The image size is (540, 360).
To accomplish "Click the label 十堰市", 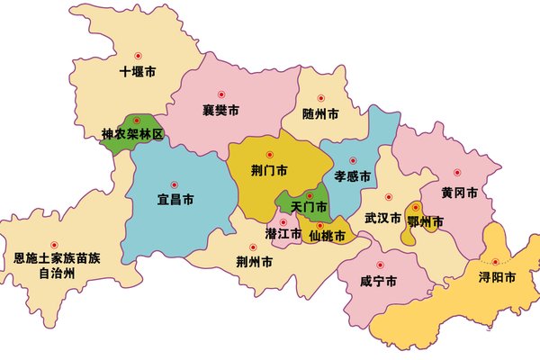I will pyautogui.click(x=139, y=73).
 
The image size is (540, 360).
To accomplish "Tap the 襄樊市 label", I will pyautogui.click(x=220, y=112).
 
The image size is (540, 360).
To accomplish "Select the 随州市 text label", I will pyautogui.click(x=320, y=114).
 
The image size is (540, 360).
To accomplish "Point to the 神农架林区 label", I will pyautogui.click(x=132, y=135).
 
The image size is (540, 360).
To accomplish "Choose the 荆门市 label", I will pyautogui.click(x=269, y=170).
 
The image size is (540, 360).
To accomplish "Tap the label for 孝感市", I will pyautogui.click(x=352, y=176).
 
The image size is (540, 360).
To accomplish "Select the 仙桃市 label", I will pyautogui.click(x=327, y=237).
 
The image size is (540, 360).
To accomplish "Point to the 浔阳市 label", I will pyautogui.click(x=497, y=278).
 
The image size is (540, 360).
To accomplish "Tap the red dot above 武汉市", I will pyautogui.click(x=389, y=196).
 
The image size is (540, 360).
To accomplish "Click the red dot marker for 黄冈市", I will pyautogui.click(x=457, y=172).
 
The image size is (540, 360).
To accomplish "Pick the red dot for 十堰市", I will pyautogui.click(x=138, y=55).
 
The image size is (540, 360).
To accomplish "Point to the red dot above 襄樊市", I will pyautogui.click(x=220, y=95).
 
